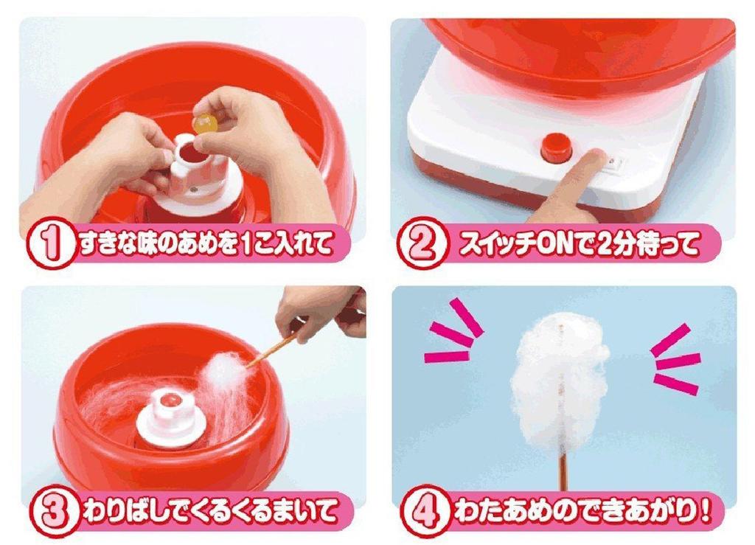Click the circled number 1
click(49, 244)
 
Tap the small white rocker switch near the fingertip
click(610, 161)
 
